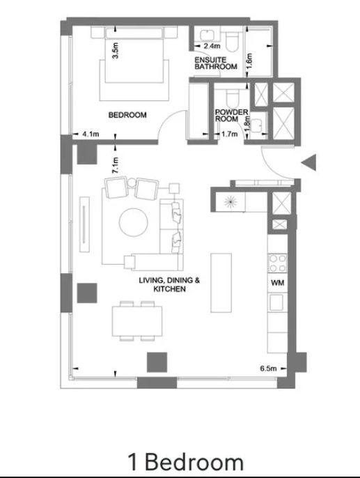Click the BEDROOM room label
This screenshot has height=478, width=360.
(127, 115)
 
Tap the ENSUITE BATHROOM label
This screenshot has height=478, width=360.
(216, 63)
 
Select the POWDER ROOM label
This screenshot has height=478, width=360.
(231, 116)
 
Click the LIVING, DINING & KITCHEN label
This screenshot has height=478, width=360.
(169, 284)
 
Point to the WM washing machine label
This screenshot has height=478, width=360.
(277, 283)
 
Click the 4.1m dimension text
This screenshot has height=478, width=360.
(91, 134)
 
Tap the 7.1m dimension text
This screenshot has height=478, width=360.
(115, 165)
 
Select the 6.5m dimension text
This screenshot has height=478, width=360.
(268, 368)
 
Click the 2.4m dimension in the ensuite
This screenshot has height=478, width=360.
(212, 46)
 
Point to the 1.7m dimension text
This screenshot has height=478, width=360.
(229, 134)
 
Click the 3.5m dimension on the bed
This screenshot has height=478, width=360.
(115, 51)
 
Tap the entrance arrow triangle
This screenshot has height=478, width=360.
(309, 162)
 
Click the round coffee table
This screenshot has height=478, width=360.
(134, 222)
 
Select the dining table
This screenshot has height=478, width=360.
(137, 321)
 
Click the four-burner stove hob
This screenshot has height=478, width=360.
(277, 263)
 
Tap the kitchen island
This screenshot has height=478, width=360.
(221, 283)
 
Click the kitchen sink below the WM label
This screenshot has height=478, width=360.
(277, 302)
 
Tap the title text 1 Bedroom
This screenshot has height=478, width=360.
(185, 461)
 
